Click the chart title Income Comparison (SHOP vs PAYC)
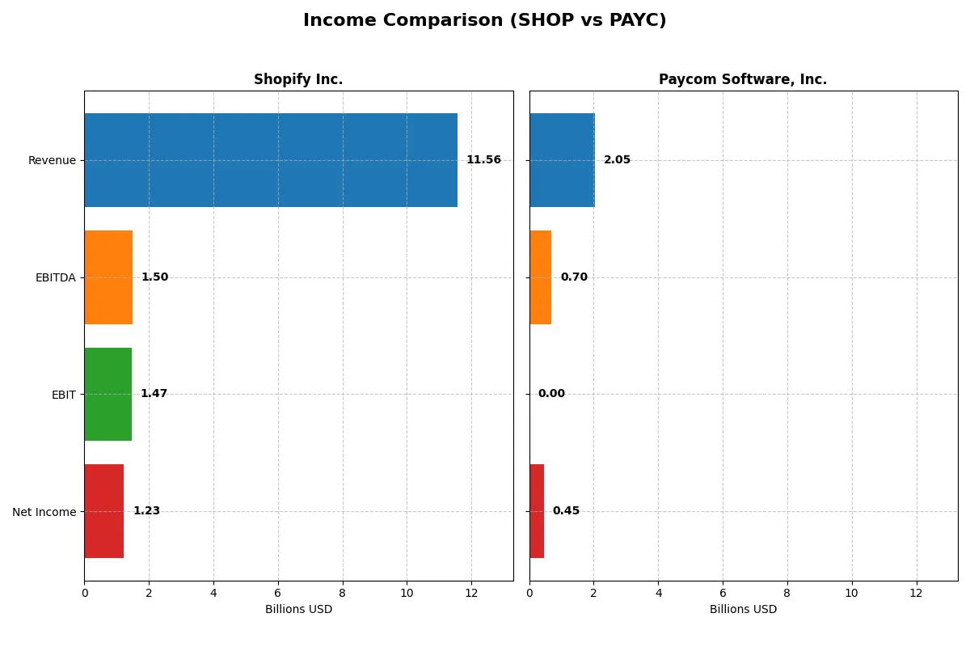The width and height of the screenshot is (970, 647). point(484,21)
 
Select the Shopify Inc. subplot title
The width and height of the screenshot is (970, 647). point(298,80)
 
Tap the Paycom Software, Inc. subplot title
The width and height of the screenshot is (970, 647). point(742,80)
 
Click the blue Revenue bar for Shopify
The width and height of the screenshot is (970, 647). point(271,160)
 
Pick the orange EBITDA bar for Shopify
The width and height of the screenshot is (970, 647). point(108,277)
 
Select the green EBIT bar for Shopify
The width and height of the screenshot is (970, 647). point(108,395)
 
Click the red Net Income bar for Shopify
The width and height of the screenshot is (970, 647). point(103,511)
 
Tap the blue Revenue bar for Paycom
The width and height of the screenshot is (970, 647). point(562,160)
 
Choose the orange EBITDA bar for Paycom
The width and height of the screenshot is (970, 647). point(540,277)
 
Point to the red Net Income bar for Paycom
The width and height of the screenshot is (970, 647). point(537,511)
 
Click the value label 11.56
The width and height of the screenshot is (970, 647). point(483,160)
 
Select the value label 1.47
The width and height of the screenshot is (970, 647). point(154,394)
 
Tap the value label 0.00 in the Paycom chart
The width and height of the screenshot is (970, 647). point(551,394)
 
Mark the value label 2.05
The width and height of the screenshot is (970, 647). point(617,160)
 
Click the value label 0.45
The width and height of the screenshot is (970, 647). point(566,511)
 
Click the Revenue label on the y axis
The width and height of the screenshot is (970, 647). point(52,161)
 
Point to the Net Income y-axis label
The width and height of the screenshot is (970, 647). point(44,512)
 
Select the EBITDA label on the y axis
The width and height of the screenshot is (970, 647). point(55,278)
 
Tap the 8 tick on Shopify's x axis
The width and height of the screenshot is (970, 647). point(342,593)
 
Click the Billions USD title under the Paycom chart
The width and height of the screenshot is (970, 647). point(743,610)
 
